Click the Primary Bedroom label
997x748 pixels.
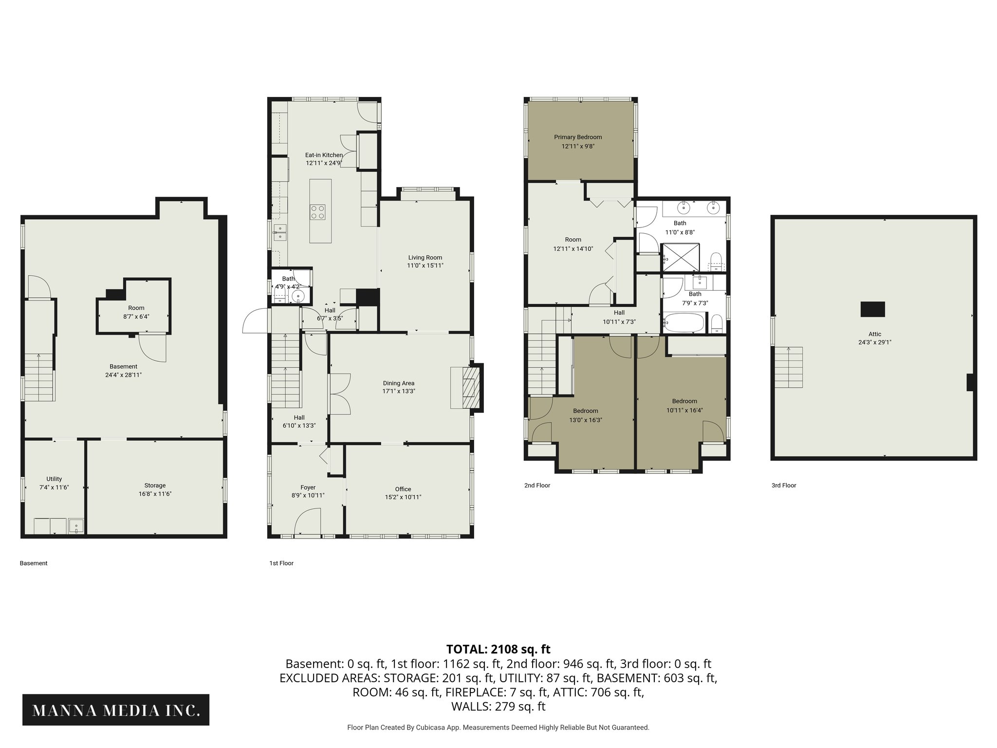point(578,137)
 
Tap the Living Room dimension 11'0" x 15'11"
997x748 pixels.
point(425,266)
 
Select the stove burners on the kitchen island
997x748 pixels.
point(318,212)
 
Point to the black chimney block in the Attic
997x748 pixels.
point(872,309)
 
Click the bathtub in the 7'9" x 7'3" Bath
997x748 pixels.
point(684,323)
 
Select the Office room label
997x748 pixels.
point(403,489)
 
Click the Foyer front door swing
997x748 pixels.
point(308,521)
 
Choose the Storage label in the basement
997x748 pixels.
point(155,486)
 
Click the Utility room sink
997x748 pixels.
point(76,526)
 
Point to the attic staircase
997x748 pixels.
point(788,367)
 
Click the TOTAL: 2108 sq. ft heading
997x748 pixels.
point(498,649)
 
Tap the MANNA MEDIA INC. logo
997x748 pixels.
point(116,710)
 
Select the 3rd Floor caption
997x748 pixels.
point(783,486)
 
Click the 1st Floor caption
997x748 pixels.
point(281,563)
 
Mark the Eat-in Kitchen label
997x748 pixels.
point(324,155)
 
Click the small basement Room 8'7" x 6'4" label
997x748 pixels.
point(136,308)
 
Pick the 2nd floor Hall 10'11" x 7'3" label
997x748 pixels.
point(619,313)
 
